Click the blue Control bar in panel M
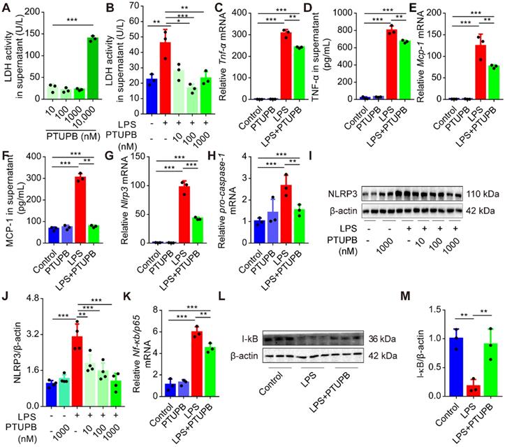coord(437,367)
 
